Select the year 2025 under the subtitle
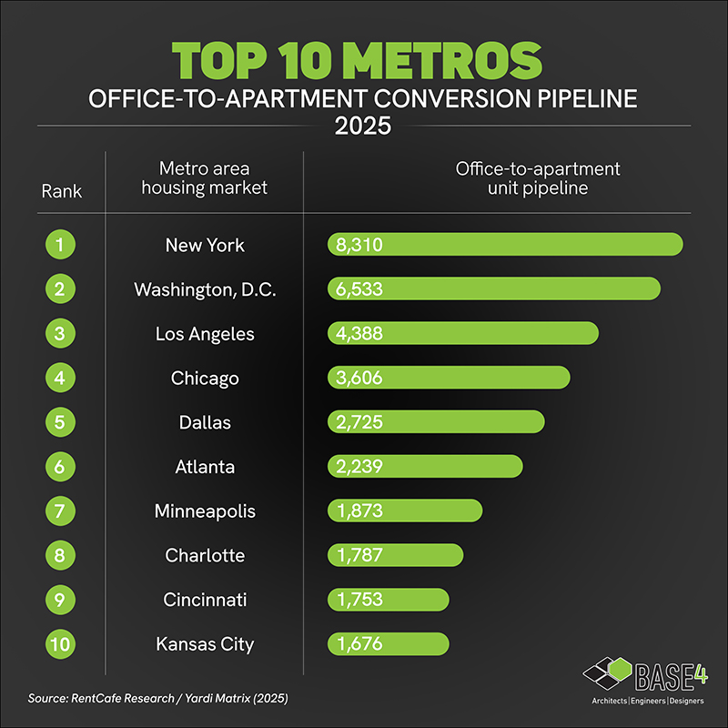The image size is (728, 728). pos(363,125)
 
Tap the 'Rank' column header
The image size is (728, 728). pos(62,191)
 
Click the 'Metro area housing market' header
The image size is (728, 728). pos(205,178)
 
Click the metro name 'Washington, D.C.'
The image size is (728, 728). pos(205,289)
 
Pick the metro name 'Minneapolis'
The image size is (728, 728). pos(205,511)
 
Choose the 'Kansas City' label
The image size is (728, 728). pos(205,644)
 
